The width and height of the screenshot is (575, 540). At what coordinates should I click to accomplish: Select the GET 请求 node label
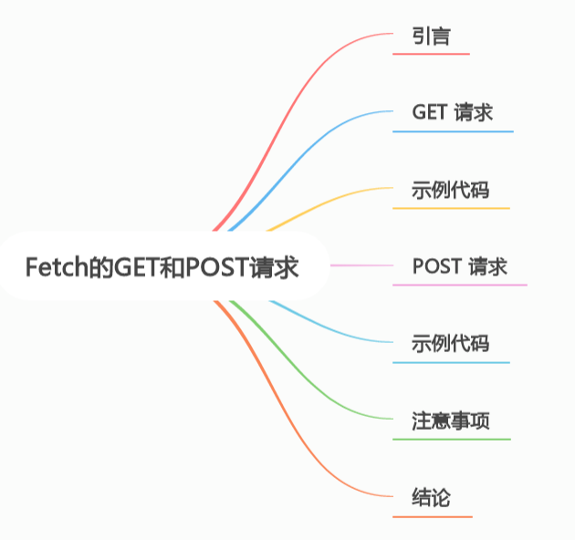(453, 113)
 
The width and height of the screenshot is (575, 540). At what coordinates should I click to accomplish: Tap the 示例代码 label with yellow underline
(451, 191)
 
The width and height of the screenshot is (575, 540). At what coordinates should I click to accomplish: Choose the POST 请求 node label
(460, 267)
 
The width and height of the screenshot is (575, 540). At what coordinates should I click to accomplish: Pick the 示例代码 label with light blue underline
(451, 344)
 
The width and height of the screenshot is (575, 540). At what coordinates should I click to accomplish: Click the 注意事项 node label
(451, 421)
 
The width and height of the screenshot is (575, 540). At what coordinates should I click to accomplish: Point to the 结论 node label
(432, 498)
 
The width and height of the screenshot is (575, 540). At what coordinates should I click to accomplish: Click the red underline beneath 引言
(431, 54)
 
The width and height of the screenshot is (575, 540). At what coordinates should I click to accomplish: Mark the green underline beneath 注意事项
(452, 439)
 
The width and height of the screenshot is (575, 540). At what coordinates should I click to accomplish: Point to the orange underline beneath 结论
(432, 516)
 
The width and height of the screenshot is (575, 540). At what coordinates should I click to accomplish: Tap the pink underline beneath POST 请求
(460, 285)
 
